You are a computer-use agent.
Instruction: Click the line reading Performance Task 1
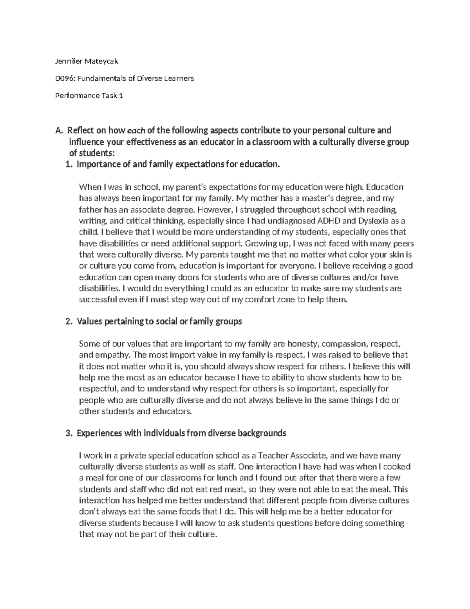point(88,96)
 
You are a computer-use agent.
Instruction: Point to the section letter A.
point(59,131)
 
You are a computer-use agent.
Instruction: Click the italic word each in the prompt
point(135,131)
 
